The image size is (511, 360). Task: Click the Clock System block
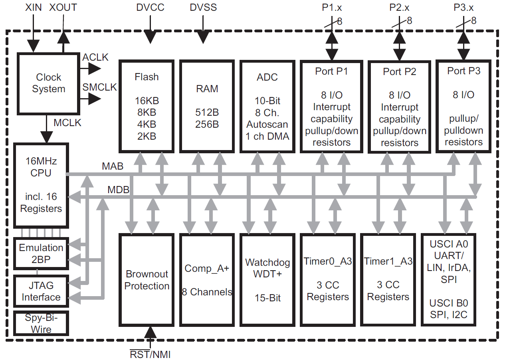tap(48, 83)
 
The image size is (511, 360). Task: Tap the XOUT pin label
tap(63, 8)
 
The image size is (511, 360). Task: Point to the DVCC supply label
tap(150, 8)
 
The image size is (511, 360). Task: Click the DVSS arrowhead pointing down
tap(204, 38)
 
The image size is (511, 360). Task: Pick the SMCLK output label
tap(99, 87)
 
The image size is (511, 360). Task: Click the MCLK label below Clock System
tap(67, 123)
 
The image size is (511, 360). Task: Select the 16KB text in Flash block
tap(147, 101)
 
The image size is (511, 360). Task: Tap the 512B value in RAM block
tap(207, 112)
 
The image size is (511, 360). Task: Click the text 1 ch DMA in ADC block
tap(267, 136)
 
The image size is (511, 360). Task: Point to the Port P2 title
tap(399, 72)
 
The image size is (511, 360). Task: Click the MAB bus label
tap(113, 166)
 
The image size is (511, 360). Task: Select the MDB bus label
tap(118, 190)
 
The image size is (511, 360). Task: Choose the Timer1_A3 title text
tap(388, 261)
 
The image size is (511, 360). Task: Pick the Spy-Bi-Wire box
tap(41, 324)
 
